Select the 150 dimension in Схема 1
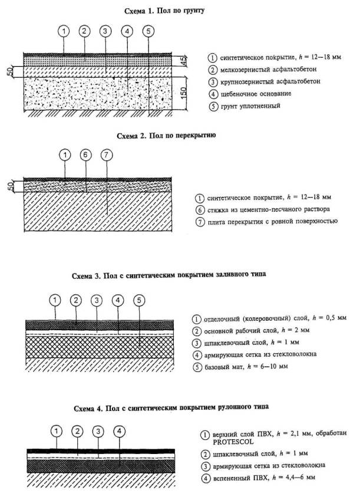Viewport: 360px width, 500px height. [x=184, y=93]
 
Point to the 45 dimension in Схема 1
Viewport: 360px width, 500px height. [x=184, y=61]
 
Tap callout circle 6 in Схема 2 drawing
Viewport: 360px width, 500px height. [x=86, y=154]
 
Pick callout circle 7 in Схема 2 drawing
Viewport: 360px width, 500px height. [x=107, y=154]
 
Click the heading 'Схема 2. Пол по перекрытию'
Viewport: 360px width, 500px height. [x=167, y=136]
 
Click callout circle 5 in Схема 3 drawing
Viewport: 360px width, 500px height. [x=139, y=300]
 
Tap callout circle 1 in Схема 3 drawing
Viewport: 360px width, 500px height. [x=54, y=300]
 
